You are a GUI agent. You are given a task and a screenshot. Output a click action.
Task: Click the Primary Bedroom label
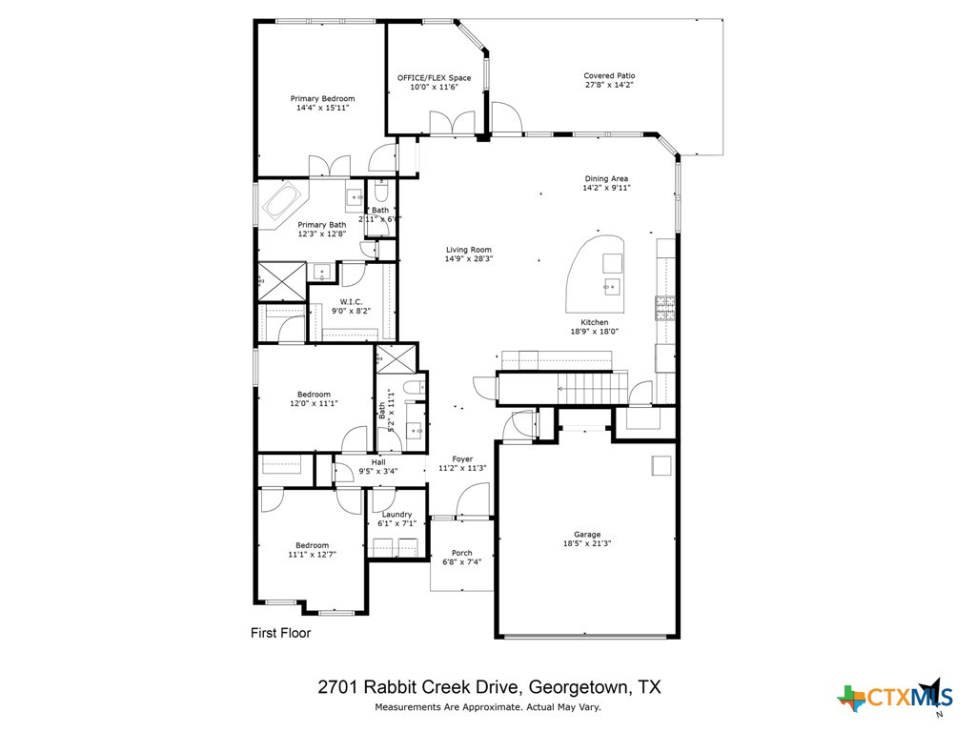322,98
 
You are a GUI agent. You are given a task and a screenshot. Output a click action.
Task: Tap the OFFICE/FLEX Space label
434,77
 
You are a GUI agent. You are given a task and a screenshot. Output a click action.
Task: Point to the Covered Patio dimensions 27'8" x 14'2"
609,86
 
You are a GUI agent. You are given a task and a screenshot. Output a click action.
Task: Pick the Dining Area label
606,178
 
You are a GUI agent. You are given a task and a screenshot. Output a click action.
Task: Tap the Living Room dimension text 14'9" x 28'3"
468,259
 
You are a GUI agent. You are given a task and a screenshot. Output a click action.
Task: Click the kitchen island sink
610,284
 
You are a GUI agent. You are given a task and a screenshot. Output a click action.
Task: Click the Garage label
587,535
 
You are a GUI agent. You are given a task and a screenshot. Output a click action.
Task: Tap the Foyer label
462,459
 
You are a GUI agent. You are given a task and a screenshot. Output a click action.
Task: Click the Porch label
461,553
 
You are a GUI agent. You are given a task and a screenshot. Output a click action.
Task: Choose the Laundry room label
396,515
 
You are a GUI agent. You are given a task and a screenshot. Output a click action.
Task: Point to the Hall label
378,461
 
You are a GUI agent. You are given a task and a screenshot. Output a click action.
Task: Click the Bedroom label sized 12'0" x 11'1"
314,395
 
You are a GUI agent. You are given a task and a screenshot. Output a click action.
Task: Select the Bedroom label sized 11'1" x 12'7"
313,546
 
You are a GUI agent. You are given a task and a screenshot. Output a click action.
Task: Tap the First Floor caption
280,632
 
